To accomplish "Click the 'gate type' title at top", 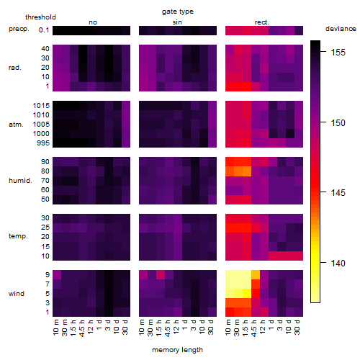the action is click(x=178, y=12).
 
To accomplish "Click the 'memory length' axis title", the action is click(x=177, y=350).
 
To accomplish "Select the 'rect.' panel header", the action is click(x=262, y=22).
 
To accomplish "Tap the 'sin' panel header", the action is click(x=177, y=22).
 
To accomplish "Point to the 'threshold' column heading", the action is click(x=40, y=17).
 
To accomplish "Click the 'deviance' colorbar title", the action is click(x=341, y=29).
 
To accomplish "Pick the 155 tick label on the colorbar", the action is click(x=338, y=52).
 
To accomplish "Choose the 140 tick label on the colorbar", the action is click(x=338, y=263).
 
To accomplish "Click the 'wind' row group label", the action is click(x=17, y=294).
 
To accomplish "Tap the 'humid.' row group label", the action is click(x=20, y=181).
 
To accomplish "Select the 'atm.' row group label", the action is click(x=16, y=125).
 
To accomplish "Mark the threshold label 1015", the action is click(x=41, y=106).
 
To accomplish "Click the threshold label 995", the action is click(x=43, y=143).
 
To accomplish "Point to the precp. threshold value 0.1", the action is click(x=44, y=30).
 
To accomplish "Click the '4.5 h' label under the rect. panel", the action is click(x=254, y=328).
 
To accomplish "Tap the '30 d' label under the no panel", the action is click(x=125, y=327).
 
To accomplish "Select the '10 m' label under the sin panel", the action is click(x=142, y=328).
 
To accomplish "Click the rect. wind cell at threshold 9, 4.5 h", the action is click(x=256, y=274).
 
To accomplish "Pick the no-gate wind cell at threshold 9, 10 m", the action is click(x=57, y=274).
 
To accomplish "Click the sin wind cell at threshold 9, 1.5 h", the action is click(x=161, y=274).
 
